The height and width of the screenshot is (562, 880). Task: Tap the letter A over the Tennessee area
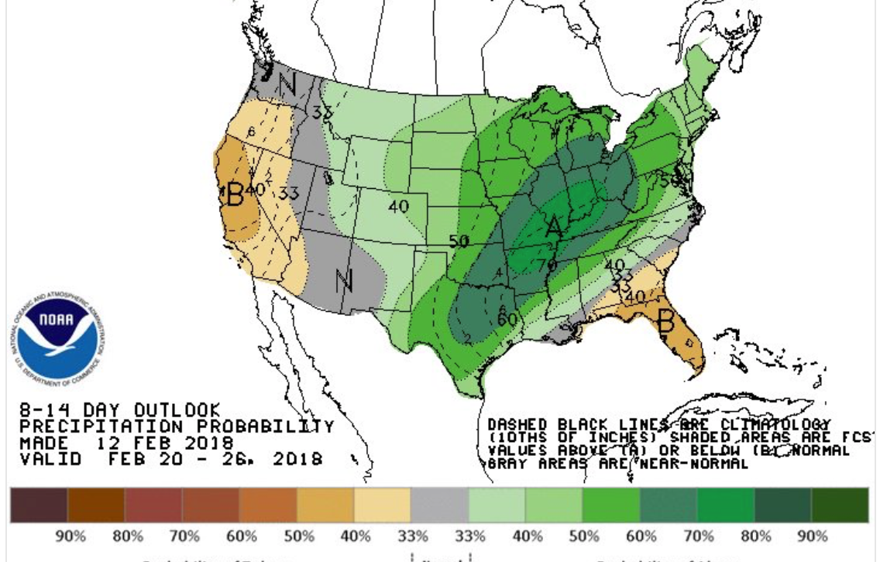[x=554, y=227]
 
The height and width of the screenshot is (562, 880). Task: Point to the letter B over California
[x=235, y=194]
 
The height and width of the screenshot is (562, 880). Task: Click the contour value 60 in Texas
[x=507, y=318]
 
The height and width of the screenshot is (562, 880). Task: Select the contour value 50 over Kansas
[x=459, y=242]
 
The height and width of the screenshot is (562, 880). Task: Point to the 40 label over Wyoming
[x=398, y=207]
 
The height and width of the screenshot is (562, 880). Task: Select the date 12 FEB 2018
[x=165, y=443]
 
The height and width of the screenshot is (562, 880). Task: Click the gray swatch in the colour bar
[x=440, y=505]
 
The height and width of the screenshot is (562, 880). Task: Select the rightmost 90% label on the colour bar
[x=813, y=536]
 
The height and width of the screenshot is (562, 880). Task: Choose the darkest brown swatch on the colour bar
[x=39, y=505]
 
